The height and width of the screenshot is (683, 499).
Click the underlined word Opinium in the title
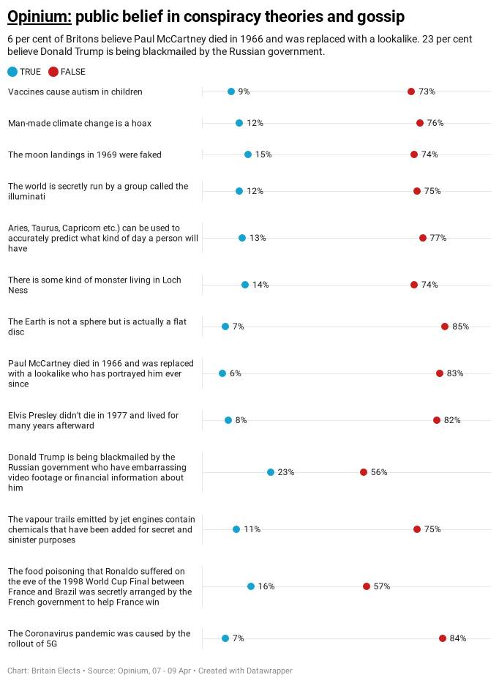pos(39,17)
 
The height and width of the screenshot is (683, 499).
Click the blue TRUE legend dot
pos(12,72)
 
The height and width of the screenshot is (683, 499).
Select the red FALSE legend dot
pos(53,72)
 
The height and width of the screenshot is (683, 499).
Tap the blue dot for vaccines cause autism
pos(231,92)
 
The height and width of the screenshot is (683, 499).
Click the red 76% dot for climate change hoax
pos(420,123)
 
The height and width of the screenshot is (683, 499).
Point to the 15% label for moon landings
pos(263,154)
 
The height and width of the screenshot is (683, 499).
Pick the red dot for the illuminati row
pos(417,191)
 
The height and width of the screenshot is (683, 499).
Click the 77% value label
pos(438,238)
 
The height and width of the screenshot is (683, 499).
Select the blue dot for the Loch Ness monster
pos(245,285)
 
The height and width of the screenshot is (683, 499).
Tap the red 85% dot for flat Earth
pos(445,326)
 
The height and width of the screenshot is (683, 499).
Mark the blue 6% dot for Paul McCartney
pos(222,373)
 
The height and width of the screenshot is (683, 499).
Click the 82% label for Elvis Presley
pos(452,420)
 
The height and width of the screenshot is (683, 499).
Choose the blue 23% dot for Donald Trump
pos(271,472)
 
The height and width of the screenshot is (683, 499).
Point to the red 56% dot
pos(364,472)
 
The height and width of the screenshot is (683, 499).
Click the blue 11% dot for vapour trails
pos(236,529)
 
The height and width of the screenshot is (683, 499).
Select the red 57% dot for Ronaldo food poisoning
pos(367,586)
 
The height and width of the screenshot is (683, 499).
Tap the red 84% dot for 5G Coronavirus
pos(443,638)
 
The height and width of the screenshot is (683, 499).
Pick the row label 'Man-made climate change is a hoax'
pos(80,123)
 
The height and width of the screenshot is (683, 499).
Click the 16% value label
pos(266,586)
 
